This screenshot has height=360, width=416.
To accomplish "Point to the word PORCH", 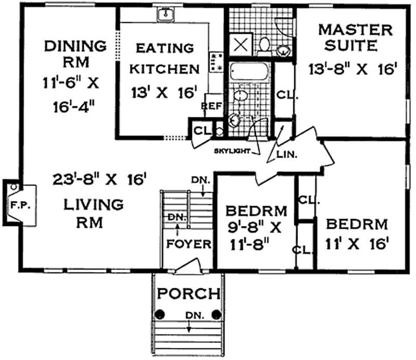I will [189, 294].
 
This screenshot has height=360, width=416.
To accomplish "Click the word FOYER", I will [188, 244].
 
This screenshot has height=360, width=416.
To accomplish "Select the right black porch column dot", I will [217, 314].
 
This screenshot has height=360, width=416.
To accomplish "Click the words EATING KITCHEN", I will [164, 58].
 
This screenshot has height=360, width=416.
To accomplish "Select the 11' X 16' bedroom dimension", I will [356, 243].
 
